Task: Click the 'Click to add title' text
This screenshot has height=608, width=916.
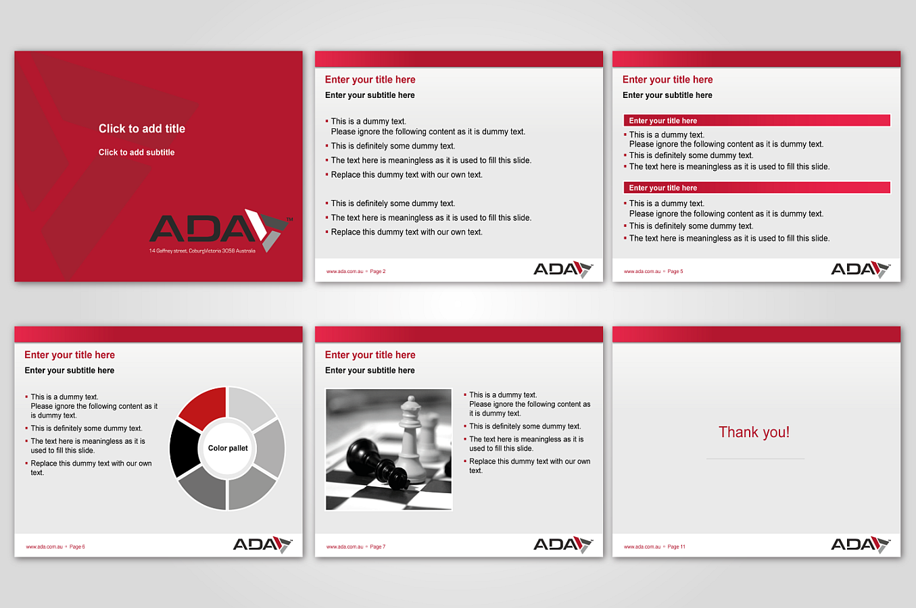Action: click(142, 128)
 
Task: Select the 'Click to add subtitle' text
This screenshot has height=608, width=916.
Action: click(137, 153)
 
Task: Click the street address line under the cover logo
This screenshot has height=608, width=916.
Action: click(202, 251)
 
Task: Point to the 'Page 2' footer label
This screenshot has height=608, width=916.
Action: click(378, 272)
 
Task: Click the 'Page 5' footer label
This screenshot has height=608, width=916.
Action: click(675, 272)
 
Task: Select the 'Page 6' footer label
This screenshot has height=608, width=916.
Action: click(77, 547)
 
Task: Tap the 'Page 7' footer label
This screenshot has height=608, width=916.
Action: click(378, 547)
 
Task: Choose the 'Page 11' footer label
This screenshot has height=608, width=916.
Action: click(676, 547)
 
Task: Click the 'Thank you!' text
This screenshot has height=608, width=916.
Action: click(754, 432)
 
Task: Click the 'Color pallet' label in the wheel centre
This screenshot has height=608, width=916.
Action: click(228, 449)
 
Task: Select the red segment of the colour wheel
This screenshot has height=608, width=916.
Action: click(203, 407)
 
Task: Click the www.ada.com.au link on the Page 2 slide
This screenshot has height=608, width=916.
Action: click(345, 272)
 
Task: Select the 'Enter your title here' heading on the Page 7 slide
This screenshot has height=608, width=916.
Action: click(370, 355)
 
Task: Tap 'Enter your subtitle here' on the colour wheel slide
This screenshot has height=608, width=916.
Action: click(70, 371)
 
